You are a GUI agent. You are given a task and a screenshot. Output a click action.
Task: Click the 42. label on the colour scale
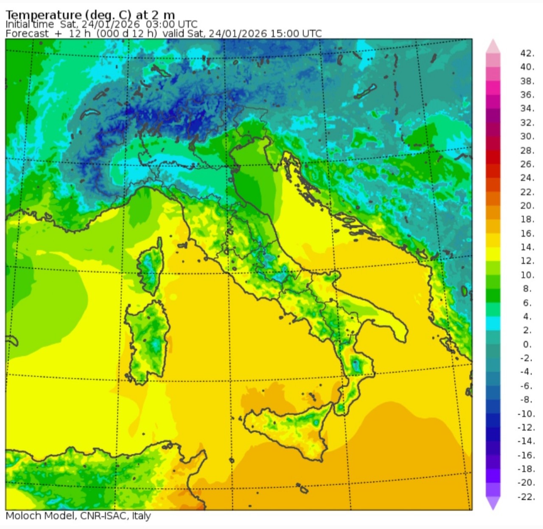(x=526, y=53)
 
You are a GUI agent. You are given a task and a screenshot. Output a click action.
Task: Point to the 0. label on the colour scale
(x=527, y=344)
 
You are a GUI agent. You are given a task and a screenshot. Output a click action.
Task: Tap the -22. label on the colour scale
(x=526, y=497)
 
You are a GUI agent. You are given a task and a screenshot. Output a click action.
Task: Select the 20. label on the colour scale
(x=527, y=205)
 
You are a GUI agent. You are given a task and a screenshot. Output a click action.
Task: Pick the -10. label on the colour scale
(x=526, y=414)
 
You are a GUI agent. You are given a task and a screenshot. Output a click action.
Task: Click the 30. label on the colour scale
(x=527, y=136)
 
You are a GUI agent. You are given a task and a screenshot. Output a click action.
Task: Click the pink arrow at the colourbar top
(x=493, y=46)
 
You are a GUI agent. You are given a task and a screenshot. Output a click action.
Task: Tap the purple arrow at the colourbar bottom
(x=493, y=504)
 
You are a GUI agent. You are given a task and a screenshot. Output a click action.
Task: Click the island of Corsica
(x=151, y=267)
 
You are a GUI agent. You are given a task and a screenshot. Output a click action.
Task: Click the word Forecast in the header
(x=27, y=34)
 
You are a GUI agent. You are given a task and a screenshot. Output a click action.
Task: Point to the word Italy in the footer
(x=141, y=516)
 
